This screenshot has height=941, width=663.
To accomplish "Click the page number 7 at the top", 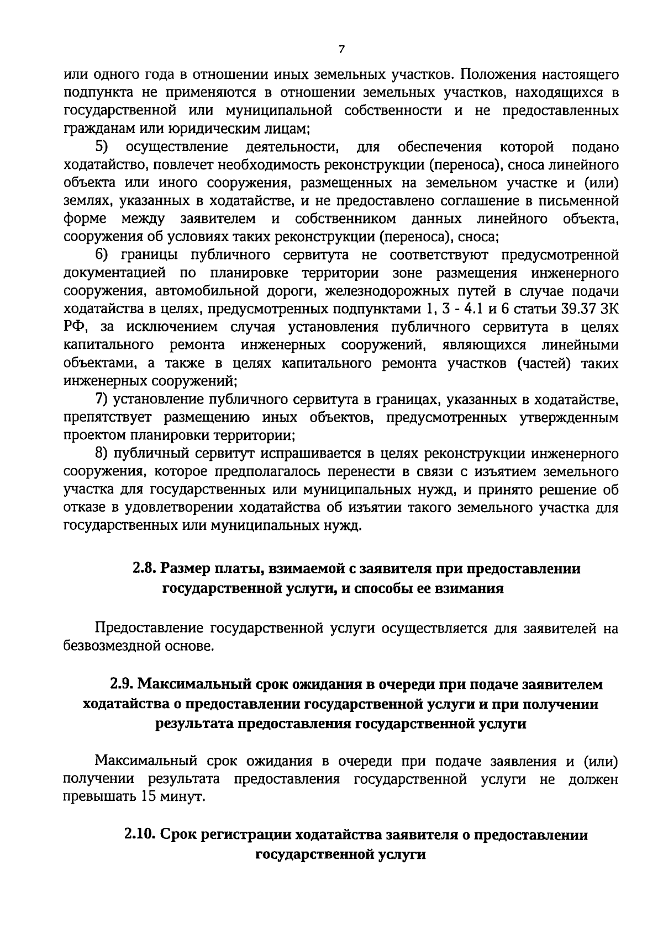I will (341, 49).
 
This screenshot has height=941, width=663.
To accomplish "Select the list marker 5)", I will (103, 147).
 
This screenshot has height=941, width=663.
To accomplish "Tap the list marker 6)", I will (103, 255).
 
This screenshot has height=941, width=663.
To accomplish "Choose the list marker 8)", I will (103, 453).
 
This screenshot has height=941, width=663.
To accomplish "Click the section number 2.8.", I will (145, 568).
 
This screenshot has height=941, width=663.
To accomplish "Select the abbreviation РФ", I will (74, 327).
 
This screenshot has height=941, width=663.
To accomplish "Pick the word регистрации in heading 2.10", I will (246, 835).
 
